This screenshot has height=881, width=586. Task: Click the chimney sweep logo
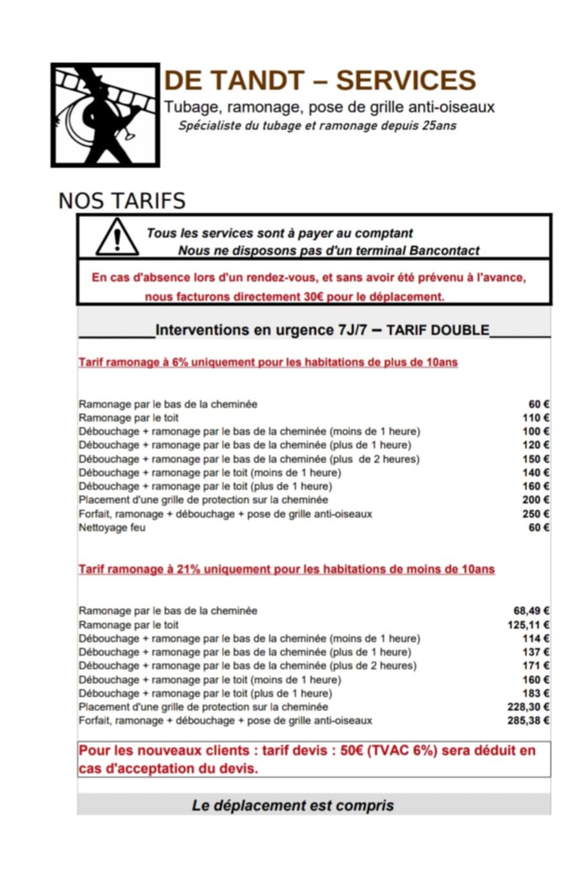coord(105,115)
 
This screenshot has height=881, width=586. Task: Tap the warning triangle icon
coord(117,238)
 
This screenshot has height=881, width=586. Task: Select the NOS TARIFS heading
coord(122,201)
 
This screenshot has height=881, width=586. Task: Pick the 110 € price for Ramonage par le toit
coord(536,418)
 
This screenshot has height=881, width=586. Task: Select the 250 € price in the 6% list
coord(536,514)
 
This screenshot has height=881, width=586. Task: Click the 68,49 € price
coord(531,611)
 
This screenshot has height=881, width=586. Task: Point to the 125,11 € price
coord(529,625)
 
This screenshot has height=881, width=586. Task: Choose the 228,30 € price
coord(529,707)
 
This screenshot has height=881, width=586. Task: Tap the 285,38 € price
coord(529,720)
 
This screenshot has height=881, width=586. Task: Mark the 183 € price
coord(536,693)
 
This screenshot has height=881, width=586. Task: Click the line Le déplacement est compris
coord(292,805)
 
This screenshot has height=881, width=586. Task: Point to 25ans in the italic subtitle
coord(439,125)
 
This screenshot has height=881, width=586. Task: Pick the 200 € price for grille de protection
coord(536,500)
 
